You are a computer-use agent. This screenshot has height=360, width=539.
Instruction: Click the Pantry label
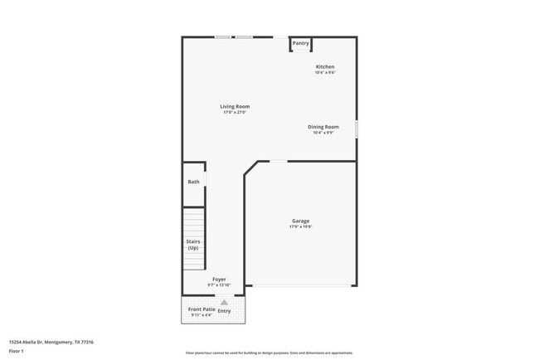pos(300,43)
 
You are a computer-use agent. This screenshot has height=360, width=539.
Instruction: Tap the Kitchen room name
pos(325,66)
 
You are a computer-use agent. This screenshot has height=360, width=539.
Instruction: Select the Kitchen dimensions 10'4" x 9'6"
pos(325,72)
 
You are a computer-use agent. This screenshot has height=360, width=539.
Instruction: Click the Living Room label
pos(235,106)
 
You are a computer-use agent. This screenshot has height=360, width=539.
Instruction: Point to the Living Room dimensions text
pos(235,112)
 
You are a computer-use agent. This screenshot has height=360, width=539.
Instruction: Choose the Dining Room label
pos(323,127)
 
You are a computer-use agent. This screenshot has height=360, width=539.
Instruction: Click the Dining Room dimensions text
pos(323,133)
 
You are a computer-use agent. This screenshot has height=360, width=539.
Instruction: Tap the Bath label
pos(193,182)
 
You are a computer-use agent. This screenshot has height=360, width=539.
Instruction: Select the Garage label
pos(300,221)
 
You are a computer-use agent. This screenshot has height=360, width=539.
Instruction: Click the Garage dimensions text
pos(300,226)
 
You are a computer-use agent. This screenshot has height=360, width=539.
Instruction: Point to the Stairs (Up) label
pos(192,245)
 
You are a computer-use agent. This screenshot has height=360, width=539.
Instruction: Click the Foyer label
pos(219,280)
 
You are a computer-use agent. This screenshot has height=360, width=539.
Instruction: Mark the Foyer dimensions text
pos(219,285)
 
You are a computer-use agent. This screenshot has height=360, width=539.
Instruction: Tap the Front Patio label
pos(202,309)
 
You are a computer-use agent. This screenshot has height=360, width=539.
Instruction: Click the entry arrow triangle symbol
pos(224,302)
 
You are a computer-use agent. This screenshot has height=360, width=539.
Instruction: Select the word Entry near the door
pos(224,310)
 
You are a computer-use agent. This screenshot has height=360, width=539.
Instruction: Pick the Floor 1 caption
pos(17,351)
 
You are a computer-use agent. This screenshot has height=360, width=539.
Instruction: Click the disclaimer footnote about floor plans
pos(269,353)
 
